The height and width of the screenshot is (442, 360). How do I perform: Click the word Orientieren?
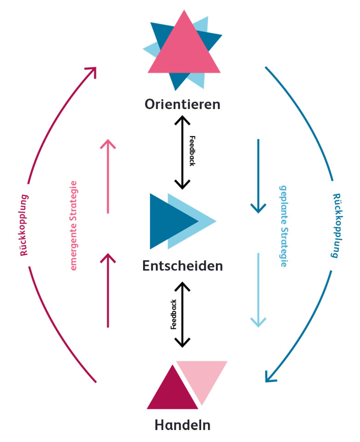[183, 104]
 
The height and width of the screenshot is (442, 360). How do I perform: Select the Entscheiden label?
[183, 266]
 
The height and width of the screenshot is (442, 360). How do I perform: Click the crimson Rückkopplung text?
[24, 224]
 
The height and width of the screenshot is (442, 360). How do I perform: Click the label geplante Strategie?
[284, 226]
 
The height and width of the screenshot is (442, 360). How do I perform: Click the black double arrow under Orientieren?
[183, 152]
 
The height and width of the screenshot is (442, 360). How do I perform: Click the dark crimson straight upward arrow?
[108, 290]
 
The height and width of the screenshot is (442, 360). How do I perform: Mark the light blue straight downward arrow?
[258, 290]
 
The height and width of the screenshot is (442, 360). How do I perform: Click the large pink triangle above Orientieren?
[183, 51]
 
